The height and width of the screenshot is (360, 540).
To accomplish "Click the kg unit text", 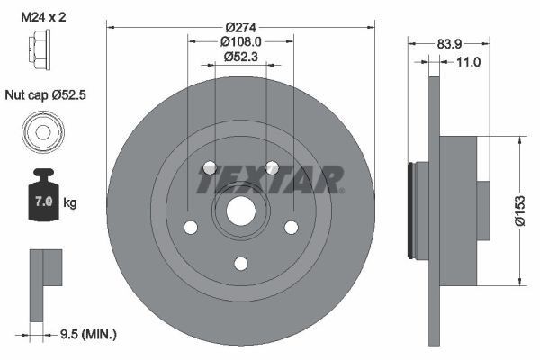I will [70, 203].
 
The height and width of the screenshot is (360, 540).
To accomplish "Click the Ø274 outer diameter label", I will [240, 27].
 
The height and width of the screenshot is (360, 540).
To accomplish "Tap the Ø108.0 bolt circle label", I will [240, 41].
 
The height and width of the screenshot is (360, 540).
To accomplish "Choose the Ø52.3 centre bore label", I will [240, 58].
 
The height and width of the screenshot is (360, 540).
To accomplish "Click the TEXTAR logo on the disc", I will [269, 178].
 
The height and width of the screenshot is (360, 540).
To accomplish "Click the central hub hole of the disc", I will [240, 212].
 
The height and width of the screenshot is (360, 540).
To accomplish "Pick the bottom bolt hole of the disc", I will [240, 263].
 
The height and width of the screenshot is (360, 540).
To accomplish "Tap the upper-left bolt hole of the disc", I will [210, 168].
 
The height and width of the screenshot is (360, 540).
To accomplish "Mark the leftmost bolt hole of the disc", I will [191, 228].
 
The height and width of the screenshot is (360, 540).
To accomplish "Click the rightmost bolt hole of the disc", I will [291, 228].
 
